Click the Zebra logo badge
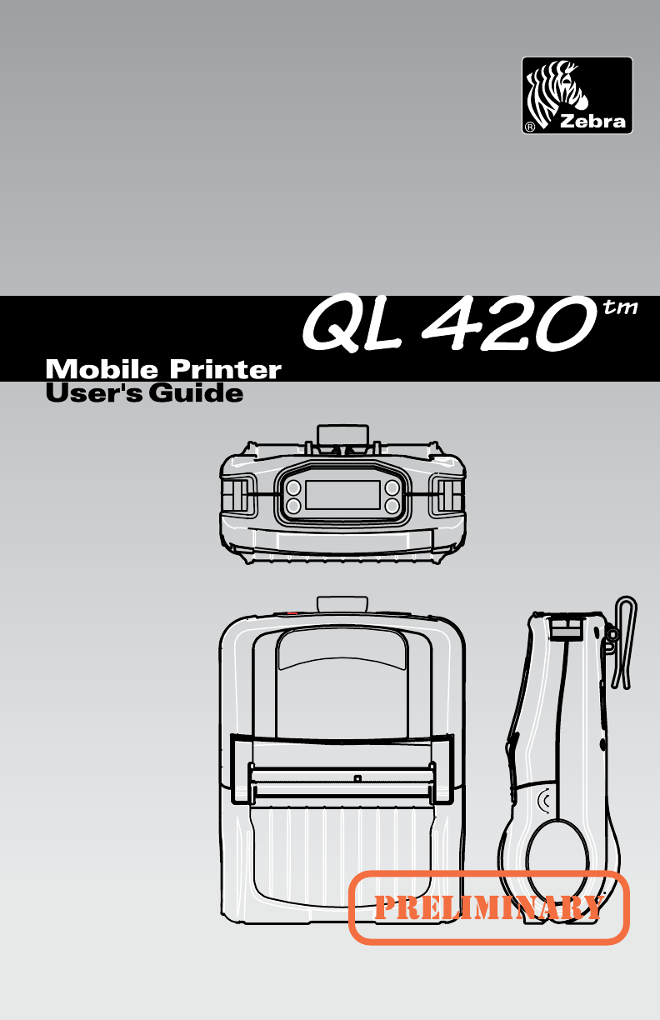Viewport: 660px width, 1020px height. coord(577,95)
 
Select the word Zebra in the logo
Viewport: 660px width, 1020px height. coord(592,122)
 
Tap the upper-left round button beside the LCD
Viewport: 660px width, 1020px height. coord(293,487)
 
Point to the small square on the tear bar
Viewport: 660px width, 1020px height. coord(357,778)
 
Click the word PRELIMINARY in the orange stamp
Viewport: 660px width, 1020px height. coord(488,907)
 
